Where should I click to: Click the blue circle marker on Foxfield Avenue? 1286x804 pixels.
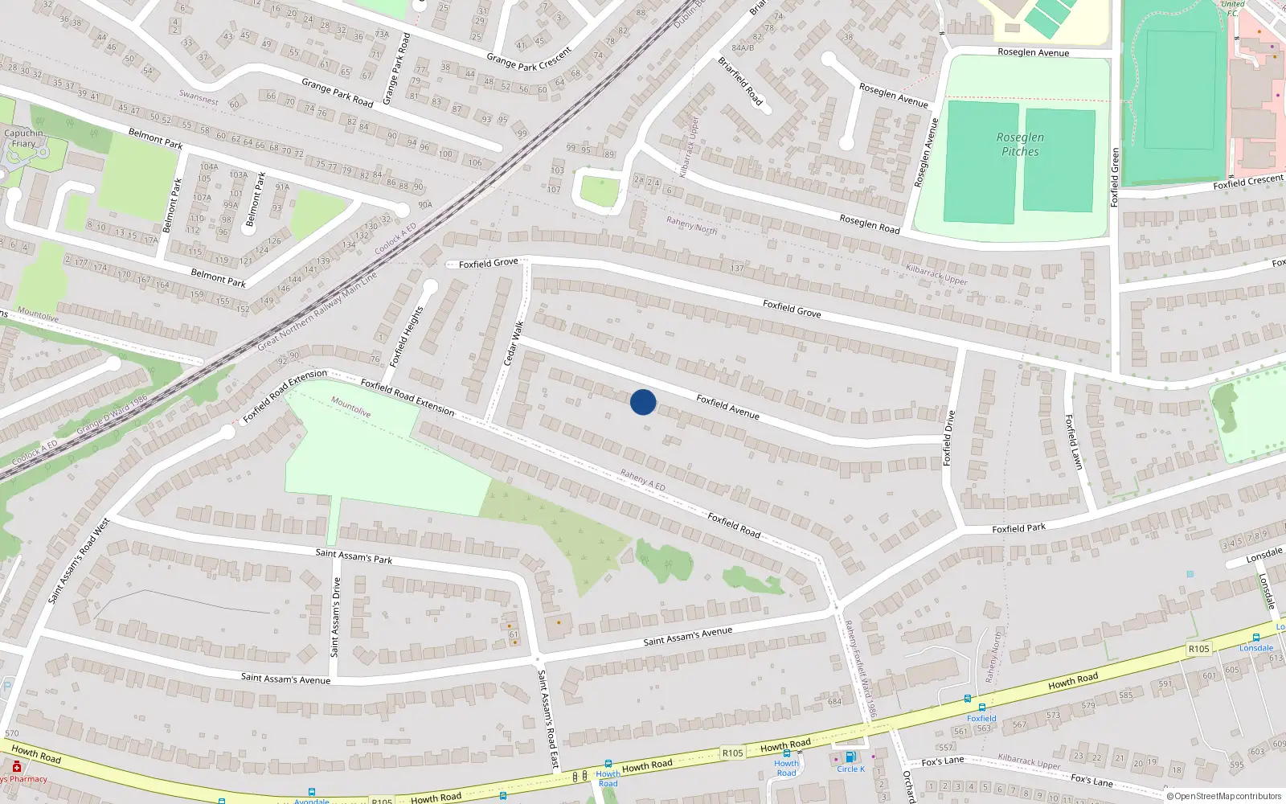coord(643,402)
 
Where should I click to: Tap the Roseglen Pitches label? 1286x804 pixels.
coord(1020,145)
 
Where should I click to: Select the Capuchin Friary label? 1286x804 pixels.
coord(23,138)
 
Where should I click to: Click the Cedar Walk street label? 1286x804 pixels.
coord(514,343)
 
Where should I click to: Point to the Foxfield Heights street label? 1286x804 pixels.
coord(406,337)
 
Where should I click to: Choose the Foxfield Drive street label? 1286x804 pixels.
coord(949,438)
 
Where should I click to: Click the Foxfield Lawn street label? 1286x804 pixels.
coord(1074,441)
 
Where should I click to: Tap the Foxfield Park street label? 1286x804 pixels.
coord(1018,528)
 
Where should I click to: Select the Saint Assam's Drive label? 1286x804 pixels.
coord(336,617)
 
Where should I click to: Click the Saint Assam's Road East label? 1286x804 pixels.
coord(547,719)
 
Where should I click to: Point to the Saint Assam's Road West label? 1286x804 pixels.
coord(79,560)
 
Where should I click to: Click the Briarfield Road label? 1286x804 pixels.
coord(740,80)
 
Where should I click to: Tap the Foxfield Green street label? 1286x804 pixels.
coord(1115,177)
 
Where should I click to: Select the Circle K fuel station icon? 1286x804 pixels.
coord(850,757)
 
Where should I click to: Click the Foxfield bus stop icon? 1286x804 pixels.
coord(981,708)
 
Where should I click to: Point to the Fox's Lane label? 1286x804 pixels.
coord(942,761)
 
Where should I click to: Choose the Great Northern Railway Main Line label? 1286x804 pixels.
coord(317,310)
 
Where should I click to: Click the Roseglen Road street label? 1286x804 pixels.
coord(870,224)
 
